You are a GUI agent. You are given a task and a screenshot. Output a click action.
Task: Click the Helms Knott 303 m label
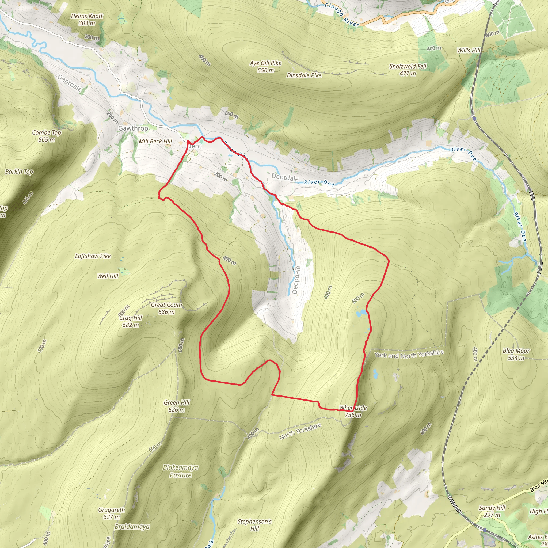[86, 20]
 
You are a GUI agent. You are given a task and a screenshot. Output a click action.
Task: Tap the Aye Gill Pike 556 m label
[265, 66]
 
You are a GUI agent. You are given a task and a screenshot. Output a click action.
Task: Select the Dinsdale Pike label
[304, 75]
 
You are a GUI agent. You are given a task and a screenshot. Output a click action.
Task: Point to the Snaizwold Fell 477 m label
[408, 70]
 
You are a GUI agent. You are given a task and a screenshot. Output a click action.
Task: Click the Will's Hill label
[469, 51]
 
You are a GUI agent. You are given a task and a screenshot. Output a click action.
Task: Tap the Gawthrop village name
[133, 128]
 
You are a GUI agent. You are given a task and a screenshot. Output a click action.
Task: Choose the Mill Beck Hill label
[155, 141]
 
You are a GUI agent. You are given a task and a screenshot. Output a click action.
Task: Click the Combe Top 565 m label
[47, 136]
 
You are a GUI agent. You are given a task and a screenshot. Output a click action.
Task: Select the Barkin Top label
[19, 172]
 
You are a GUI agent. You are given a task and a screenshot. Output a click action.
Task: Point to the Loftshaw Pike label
[93, 256]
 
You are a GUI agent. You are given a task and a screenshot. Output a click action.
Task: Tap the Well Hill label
[108, 276]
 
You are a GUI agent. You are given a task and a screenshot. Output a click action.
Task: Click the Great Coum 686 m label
[166, 308]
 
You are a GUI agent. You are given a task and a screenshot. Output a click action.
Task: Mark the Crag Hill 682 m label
[131, 321]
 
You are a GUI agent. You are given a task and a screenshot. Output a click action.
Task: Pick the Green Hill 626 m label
[176, 406]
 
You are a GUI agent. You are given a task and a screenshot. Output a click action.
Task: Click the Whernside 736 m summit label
[353, 411]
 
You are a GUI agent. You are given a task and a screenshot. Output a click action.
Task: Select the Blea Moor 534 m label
[516, 354]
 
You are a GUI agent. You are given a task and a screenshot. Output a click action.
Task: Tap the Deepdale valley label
[296, 280]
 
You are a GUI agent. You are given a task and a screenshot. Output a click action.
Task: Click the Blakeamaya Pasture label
[180, 471]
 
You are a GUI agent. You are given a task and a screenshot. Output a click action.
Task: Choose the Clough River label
[342, 14]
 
